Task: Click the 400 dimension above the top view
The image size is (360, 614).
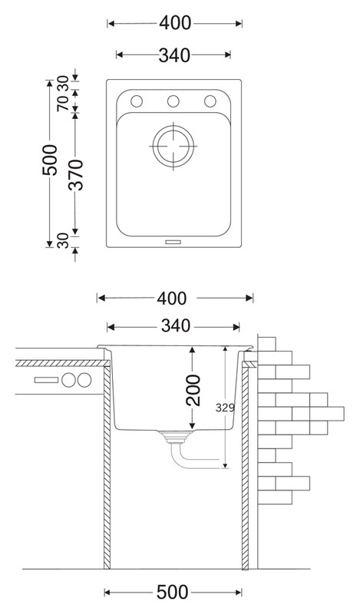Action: coord(175,24)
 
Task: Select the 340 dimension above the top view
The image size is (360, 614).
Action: coord(174,55)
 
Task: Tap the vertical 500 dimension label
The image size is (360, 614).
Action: coord(50,160)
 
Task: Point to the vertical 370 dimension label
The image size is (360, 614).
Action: coord(76,175)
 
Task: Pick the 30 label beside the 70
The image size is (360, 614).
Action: coord(63,84)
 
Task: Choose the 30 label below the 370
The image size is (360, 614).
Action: coord(63,241)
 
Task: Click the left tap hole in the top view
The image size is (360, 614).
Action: coord(137,101)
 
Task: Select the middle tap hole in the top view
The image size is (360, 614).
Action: coord(173,101)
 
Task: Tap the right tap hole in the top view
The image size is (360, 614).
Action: coord(210,101)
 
